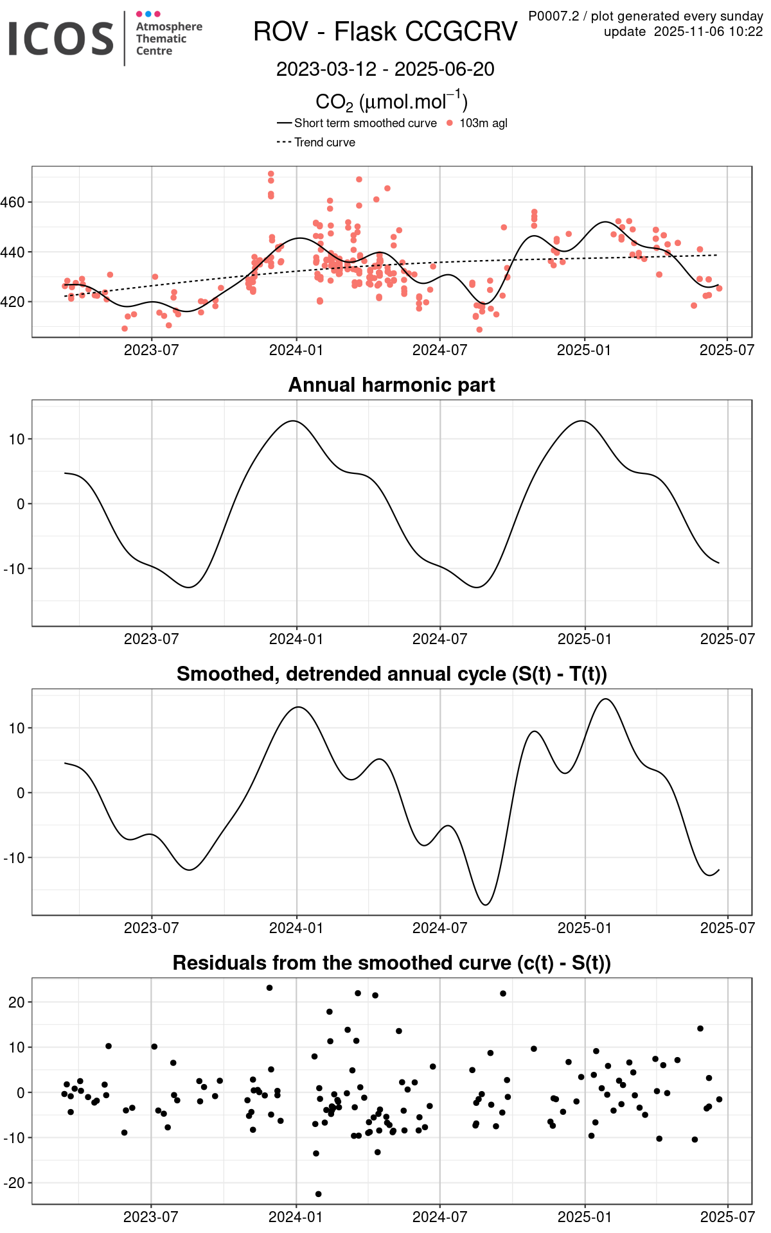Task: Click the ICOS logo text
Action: click(x=61, y=38)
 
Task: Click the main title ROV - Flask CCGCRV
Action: click(x=385, y=31)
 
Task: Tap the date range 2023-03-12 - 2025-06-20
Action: click(x=385, y=69)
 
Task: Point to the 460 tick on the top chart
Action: click(x=13, y=202)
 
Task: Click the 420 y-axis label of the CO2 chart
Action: click(x=13, y=302)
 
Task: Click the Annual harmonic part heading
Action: click(x=391, y=385)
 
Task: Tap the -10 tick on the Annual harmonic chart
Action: click(x=14, y=569)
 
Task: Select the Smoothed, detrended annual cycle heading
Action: click(x=391, y=674)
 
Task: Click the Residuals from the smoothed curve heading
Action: click(x=391, y=963)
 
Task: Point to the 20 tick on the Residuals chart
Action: click(x=17, y=1002)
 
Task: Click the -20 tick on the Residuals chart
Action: click(x=14, y=1183)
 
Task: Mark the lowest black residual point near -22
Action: click(x=318, y=1194)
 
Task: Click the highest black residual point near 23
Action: click(x=269, y=988)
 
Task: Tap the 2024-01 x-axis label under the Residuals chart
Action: click(x=296, y=1217)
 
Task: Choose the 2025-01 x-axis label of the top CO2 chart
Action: click(x=583, y=350)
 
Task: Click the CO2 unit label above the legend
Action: click(x=391, y=101)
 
